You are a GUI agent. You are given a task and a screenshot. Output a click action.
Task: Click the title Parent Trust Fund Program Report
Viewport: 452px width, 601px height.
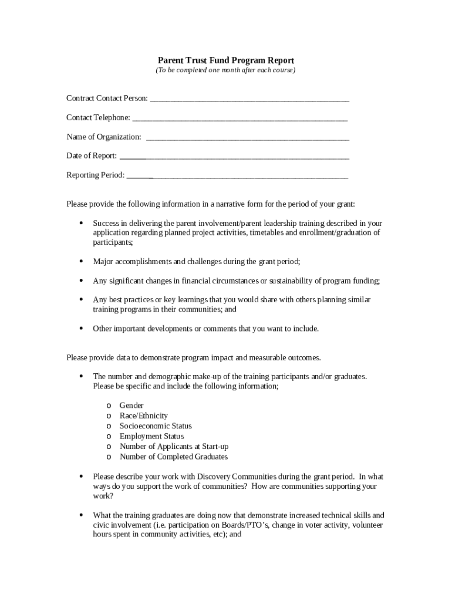click(226, 60)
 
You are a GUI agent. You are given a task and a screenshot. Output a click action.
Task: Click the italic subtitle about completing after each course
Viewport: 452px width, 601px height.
click(225, 70)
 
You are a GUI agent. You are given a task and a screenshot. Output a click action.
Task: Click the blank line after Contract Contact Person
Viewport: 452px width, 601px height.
click(249, 100)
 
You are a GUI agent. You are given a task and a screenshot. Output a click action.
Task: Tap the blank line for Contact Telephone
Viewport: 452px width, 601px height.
click(240, 119)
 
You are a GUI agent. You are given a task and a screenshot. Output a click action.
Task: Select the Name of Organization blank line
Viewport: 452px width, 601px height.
click(247, 138)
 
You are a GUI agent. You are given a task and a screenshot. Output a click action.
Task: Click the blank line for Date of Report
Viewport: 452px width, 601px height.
click(234, 157)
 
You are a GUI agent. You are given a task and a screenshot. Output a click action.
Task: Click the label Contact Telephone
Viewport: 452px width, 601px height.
click(98, 118)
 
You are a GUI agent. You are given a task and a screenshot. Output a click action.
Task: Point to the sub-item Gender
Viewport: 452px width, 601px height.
click(131, 406)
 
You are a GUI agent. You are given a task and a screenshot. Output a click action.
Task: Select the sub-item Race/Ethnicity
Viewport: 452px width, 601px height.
click(144, 416)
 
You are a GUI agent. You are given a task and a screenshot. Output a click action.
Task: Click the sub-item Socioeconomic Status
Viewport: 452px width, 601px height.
click(156, 426)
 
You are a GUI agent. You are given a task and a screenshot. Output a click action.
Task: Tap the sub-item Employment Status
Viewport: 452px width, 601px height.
click(151, 436)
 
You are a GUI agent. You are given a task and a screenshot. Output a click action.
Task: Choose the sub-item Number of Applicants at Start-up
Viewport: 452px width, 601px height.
click(174, 447)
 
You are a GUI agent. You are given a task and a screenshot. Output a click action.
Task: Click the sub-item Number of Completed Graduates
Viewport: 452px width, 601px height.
click(174, 457)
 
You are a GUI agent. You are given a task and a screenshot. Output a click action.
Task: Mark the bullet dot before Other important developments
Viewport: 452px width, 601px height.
click(80, 329)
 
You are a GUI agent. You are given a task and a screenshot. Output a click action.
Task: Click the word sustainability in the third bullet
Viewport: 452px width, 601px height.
click(278, 281)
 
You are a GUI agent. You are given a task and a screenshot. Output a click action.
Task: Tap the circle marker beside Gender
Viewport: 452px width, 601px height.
click(109, 406)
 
